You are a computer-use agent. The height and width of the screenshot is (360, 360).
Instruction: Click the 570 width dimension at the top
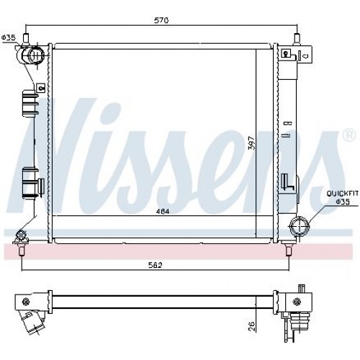click(x=162, y=21)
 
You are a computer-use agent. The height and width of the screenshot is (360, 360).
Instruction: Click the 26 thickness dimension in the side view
click(x=251, y=325)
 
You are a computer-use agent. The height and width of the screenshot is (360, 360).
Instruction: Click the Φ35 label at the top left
click(x=9, y=37)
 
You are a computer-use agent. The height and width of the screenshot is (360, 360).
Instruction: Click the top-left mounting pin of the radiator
click(x=26, y=37)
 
